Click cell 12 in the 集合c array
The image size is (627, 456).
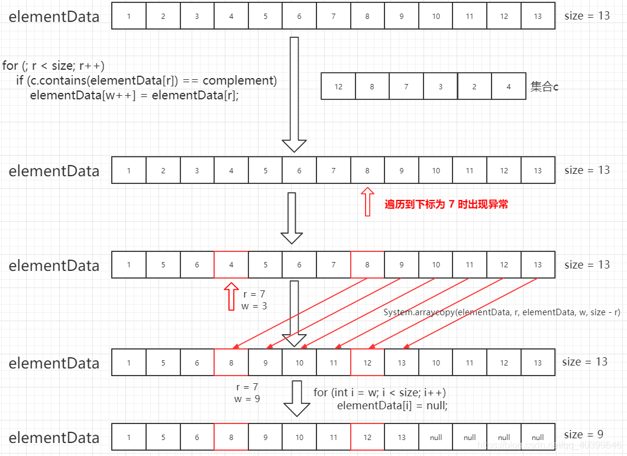[x=338, y=86]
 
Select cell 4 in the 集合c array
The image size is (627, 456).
[x=509, y=86]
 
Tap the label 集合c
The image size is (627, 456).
[x=544, y=86]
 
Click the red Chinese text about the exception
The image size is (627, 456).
[x=446, y=205]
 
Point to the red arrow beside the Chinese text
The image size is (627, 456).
[x=367, y=202]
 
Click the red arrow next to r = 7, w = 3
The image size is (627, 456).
[x=231, y=296]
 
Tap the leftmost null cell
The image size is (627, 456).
[x=436, y=437]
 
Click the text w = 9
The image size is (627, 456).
[x=247, y=399]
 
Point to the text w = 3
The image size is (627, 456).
[x=254, y=306]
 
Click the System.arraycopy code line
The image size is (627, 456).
[x=502, y=312]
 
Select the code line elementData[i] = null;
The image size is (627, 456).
[x=392, y=406]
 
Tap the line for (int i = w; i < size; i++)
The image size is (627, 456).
[x=380, y=392]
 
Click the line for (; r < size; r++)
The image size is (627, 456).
[x=53, y=66]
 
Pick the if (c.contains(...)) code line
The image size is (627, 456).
[x=146, y=80]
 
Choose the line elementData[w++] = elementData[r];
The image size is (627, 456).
[x=134, y=95]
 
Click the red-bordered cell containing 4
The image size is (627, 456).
[x=231, y=264]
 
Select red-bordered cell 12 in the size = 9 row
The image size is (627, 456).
[x=367, y=437]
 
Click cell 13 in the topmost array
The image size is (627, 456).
[x=538, y=16]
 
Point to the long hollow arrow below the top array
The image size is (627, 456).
[x=294, y=95]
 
